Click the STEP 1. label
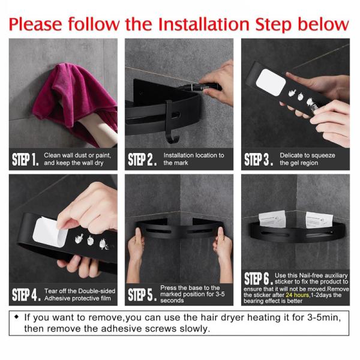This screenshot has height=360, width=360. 25,159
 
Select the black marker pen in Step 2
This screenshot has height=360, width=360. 200,87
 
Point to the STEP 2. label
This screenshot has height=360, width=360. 142,159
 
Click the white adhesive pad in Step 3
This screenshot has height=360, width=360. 271,82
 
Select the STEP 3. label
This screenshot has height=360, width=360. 259,159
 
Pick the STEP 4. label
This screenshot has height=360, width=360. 26,295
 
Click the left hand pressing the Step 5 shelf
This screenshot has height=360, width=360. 136,253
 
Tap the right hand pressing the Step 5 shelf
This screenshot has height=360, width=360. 223,253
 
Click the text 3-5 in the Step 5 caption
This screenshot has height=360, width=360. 220,294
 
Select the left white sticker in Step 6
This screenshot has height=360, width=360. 272,219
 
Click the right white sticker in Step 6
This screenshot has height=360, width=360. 319,220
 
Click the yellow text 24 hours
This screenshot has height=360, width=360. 298,295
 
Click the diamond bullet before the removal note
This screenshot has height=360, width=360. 16,317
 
